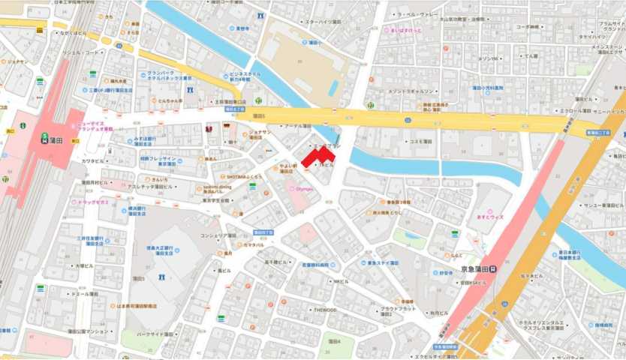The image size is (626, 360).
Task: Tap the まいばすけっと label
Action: (x=405, y=31)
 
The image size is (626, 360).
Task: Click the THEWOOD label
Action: (x=325, y=309)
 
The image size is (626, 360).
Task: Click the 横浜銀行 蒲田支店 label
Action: (x=138, y=211)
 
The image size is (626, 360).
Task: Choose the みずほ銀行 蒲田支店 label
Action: (x=143, y=141)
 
